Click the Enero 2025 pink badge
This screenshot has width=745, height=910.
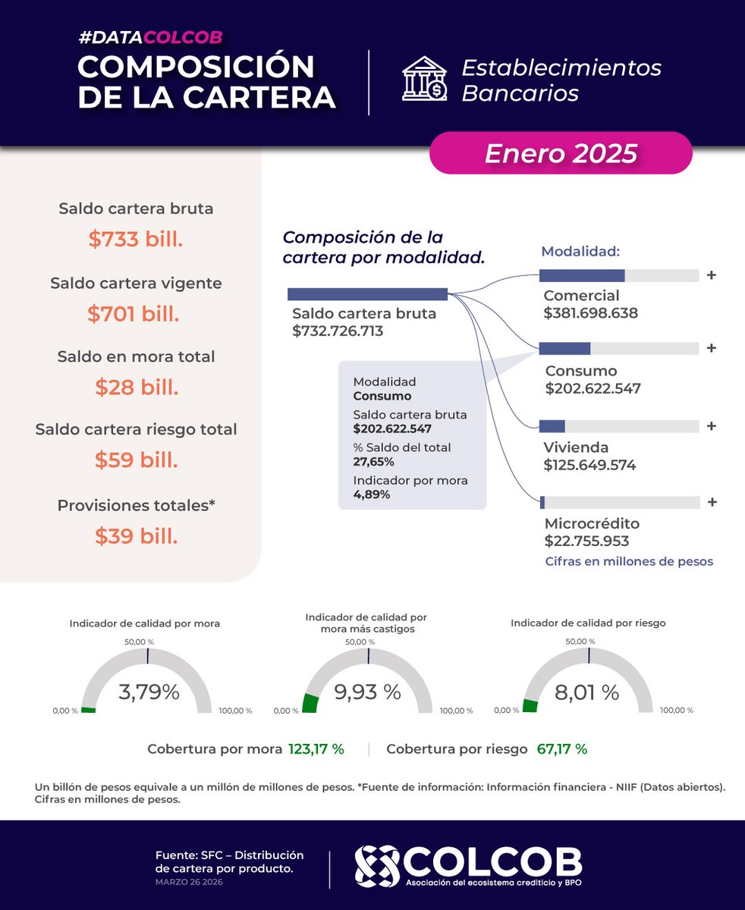561,153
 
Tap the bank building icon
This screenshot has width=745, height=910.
424,79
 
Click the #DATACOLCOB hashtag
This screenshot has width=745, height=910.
150,37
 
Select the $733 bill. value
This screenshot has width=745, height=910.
136,239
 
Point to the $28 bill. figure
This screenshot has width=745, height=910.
136,388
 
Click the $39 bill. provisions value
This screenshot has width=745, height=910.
136,536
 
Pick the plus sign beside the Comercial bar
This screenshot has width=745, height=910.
711,275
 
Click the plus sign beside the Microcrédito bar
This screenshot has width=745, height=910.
711,502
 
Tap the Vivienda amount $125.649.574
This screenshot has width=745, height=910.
589,465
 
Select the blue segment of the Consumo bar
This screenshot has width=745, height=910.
564,349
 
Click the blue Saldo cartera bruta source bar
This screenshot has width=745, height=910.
367,294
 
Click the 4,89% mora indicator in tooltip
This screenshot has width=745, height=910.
372,494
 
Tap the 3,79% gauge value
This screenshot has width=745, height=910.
149,692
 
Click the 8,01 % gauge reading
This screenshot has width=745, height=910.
588,692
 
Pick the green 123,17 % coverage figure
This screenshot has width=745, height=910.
316,749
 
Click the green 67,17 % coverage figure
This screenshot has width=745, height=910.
561,749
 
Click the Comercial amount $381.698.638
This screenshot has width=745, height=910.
590,312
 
